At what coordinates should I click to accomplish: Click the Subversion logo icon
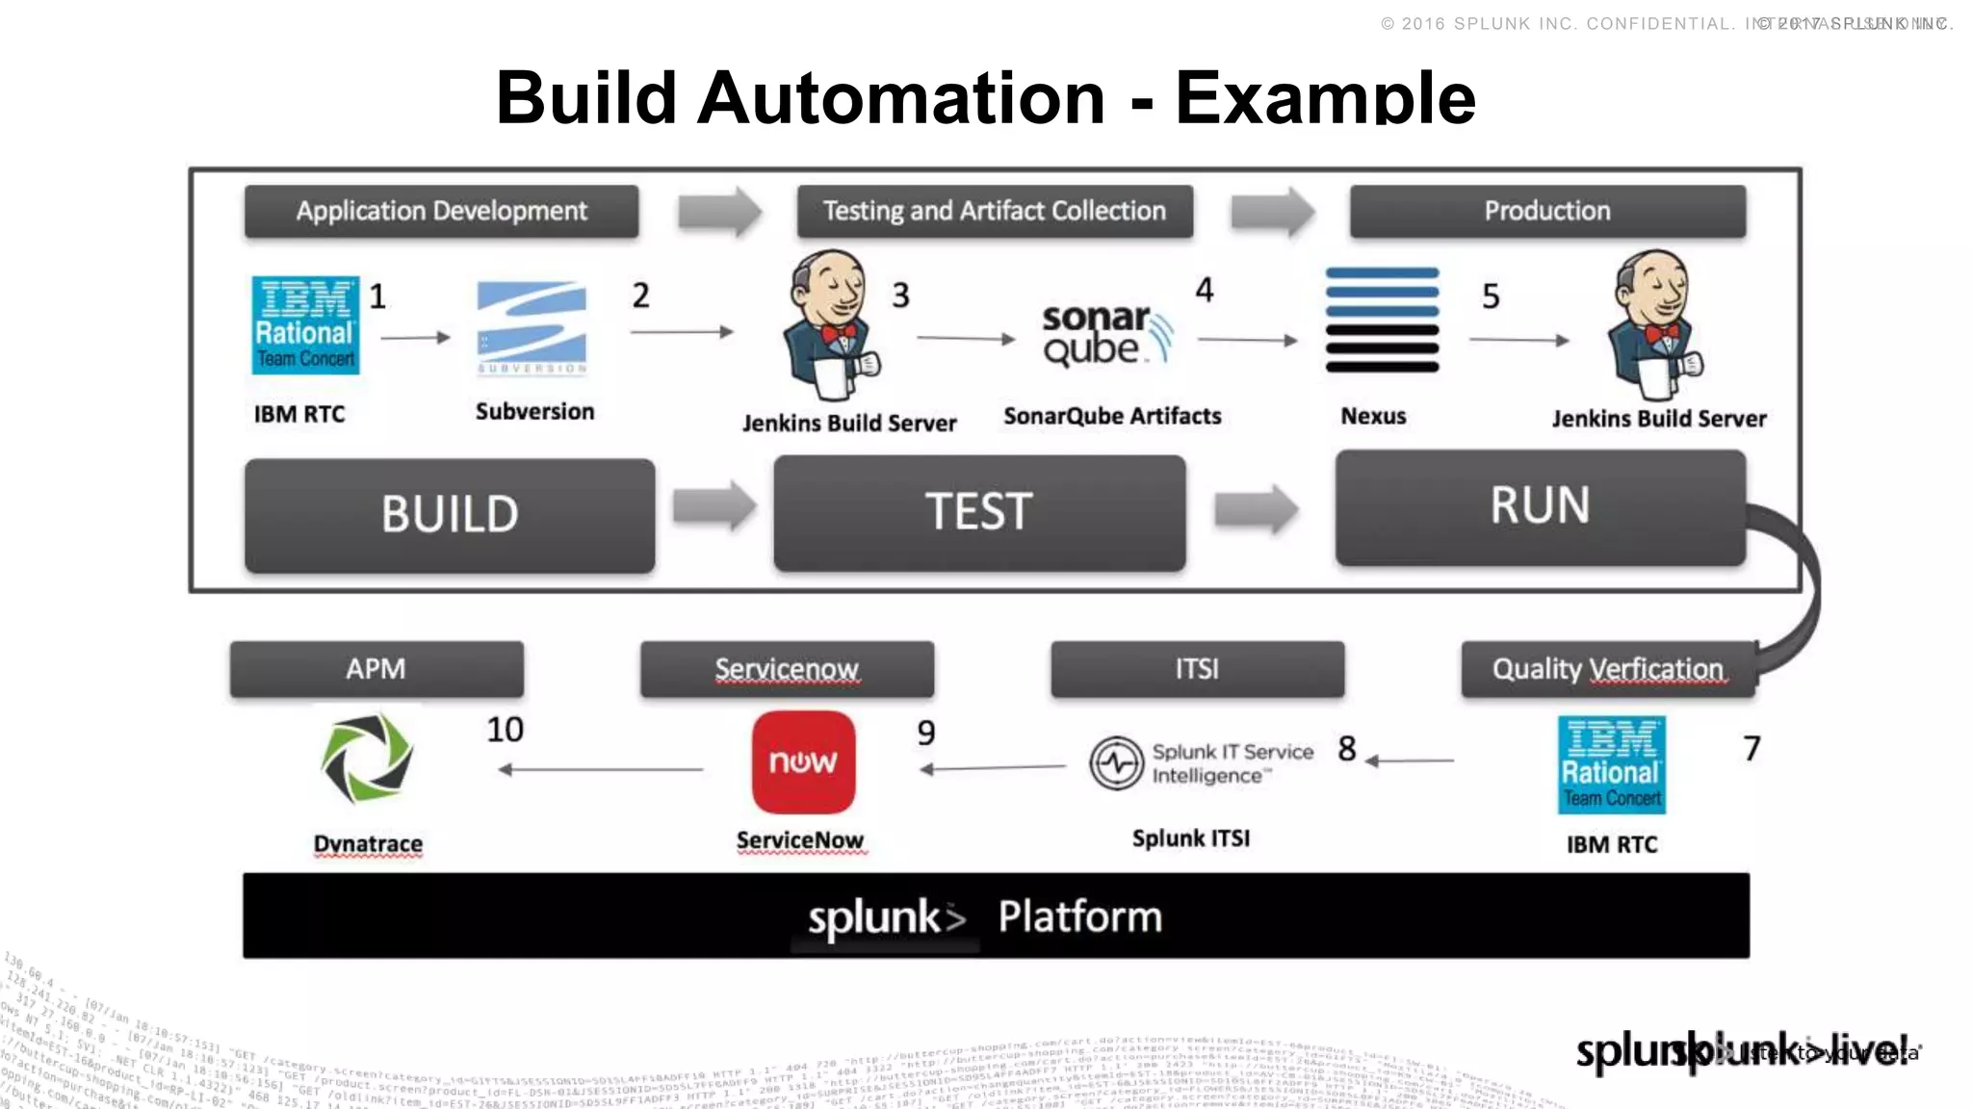pos(532,328)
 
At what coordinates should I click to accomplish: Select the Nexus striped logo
pos(1382,321)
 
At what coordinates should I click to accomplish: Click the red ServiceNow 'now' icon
pos(803,762)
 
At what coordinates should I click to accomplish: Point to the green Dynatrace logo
pos(367,759)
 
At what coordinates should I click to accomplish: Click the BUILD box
pos(450,514)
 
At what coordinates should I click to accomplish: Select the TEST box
pos(979,512)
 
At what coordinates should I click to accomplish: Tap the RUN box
pos(1540,506)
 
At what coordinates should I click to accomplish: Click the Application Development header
pos(441,211)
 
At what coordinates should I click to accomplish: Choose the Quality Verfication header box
pos(1607,669)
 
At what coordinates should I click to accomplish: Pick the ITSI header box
pos(1197,669)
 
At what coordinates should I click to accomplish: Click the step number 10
pos(505,730)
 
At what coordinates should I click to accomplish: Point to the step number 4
pos(1205,290)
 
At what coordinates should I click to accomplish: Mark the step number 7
pos(1751,748)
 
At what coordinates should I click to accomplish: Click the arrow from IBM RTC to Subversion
pos(415,338)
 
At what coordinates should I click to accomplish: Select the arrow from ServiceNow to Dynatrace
pos(601,769)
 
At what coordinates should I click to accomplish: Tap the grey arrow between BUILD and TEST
pos(714,506)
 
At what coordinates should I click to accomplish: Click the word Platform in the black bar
pos(1079,916)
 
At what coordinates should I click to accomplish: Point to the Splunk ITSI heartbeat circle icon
pos(1116,763)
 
